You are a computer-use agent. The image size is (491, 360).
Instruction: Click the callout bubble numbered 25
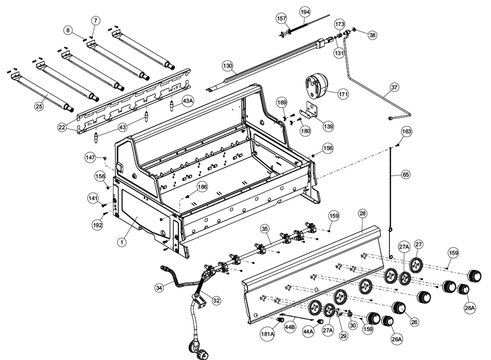[38, 105]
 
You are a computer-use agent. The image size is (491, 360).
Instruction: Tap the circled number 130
[228, 66]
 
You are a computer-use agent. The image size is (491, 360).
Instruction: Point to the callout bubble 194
[304, 11]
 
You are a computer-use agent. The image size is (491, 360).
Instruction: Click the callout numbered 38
[372, 35]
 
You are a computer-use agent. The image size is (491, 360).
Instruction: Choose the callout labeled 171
[342, 93]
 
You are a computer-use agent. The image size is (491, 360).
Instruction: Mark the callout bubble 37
[394, 87]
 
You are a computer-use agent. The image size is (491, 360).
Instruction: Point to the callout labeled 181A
[267, 333]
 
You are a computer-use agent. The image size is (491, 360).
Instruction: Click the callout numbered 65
[405, 175]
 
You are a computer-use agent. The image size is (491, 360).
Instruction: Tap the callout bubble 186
[202, 187]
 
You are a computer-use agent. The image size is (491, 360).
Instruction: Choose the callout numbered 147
[89, 158]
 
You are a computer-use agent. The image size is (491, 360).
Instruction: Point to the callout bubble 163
[406, 131]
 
